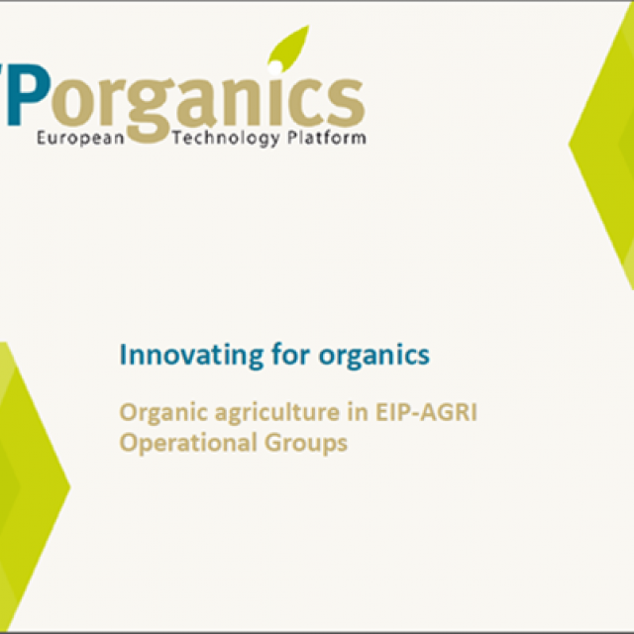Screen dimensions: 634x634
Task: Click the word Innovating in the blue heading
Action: (191, 355)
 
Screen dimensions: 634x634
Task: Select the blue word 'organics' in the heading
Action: (374, 356)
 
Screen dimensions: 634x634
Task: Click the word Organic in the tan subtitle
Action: (162, 413)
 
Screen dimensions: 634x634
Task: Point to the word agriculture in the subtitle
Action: (277, 413)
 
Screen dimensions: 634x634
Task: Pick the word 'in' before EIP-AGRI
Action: (358, 412)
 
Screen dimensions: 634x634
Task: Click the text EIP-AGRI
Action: (427, 412)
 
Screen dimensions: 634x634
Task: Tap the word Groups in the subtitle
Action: (306, 443)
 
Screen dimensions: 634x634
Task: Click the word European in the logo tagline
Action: (80, 139)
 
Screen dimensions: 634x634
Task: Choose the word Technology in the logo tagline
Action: (226, 139)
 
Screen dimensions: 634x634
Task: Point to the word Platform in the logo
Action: (326, 138)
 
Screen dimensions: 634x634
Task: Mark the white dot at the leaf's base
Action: (275, 67)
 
